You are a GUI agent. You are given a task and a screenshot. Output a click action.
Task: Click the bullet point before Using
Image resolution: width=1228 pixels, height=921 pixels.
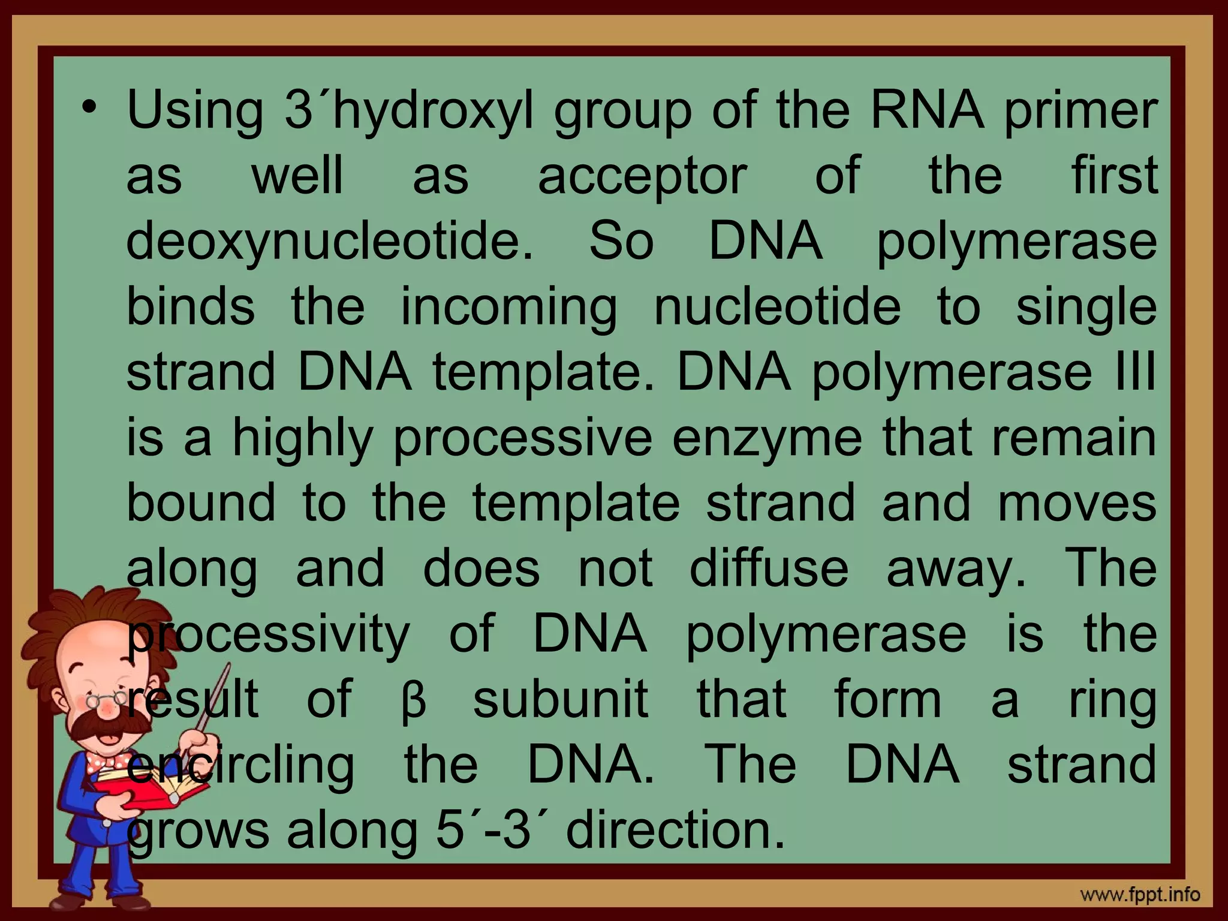pyautogui.click(x=89, y=109)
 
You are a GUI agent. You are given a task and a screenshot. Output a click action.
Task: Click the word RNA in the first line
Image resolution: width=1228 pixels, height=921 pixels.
pyautogui.click(x=926, y=110)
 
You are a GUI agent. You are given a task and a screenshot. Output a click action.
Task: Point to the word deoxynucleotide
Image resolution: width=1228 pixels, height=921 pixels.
pyautogui.click(x=329, y=242)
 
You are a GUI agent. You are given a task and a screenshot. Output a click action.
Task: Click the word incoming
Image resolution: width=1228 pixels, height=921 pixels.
pyautogui.click(x=508, y=307)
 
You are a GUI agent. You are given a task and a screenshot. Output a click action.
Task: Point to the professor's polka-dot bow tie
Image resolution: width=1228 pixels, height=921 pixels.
pyautogui.click(x=108, y=762)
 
